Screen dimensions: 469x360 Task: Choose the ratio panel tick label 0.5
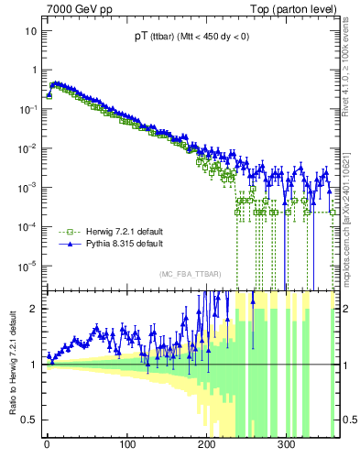click(31, 420)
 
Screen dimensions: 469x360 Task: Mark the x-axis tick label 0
click(47, 446)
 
